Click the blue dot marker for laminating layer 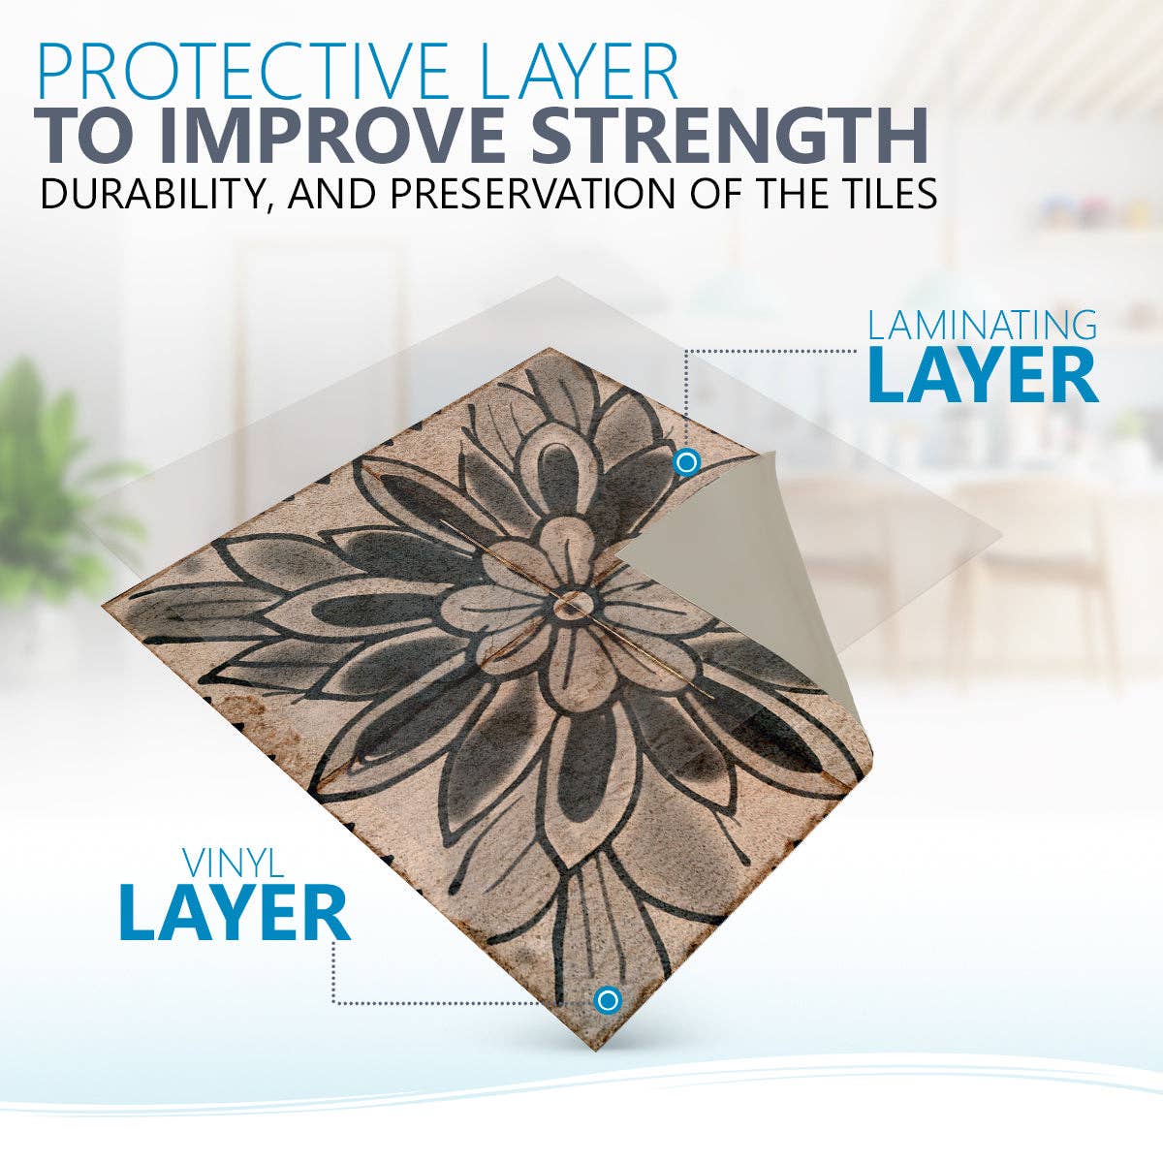[x=686, y=462]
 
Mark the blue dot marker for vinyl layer [x=608, y=999]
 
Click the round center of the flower [x=570, y=606]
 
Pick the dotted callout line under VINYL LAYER [x=436, y=1002]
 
